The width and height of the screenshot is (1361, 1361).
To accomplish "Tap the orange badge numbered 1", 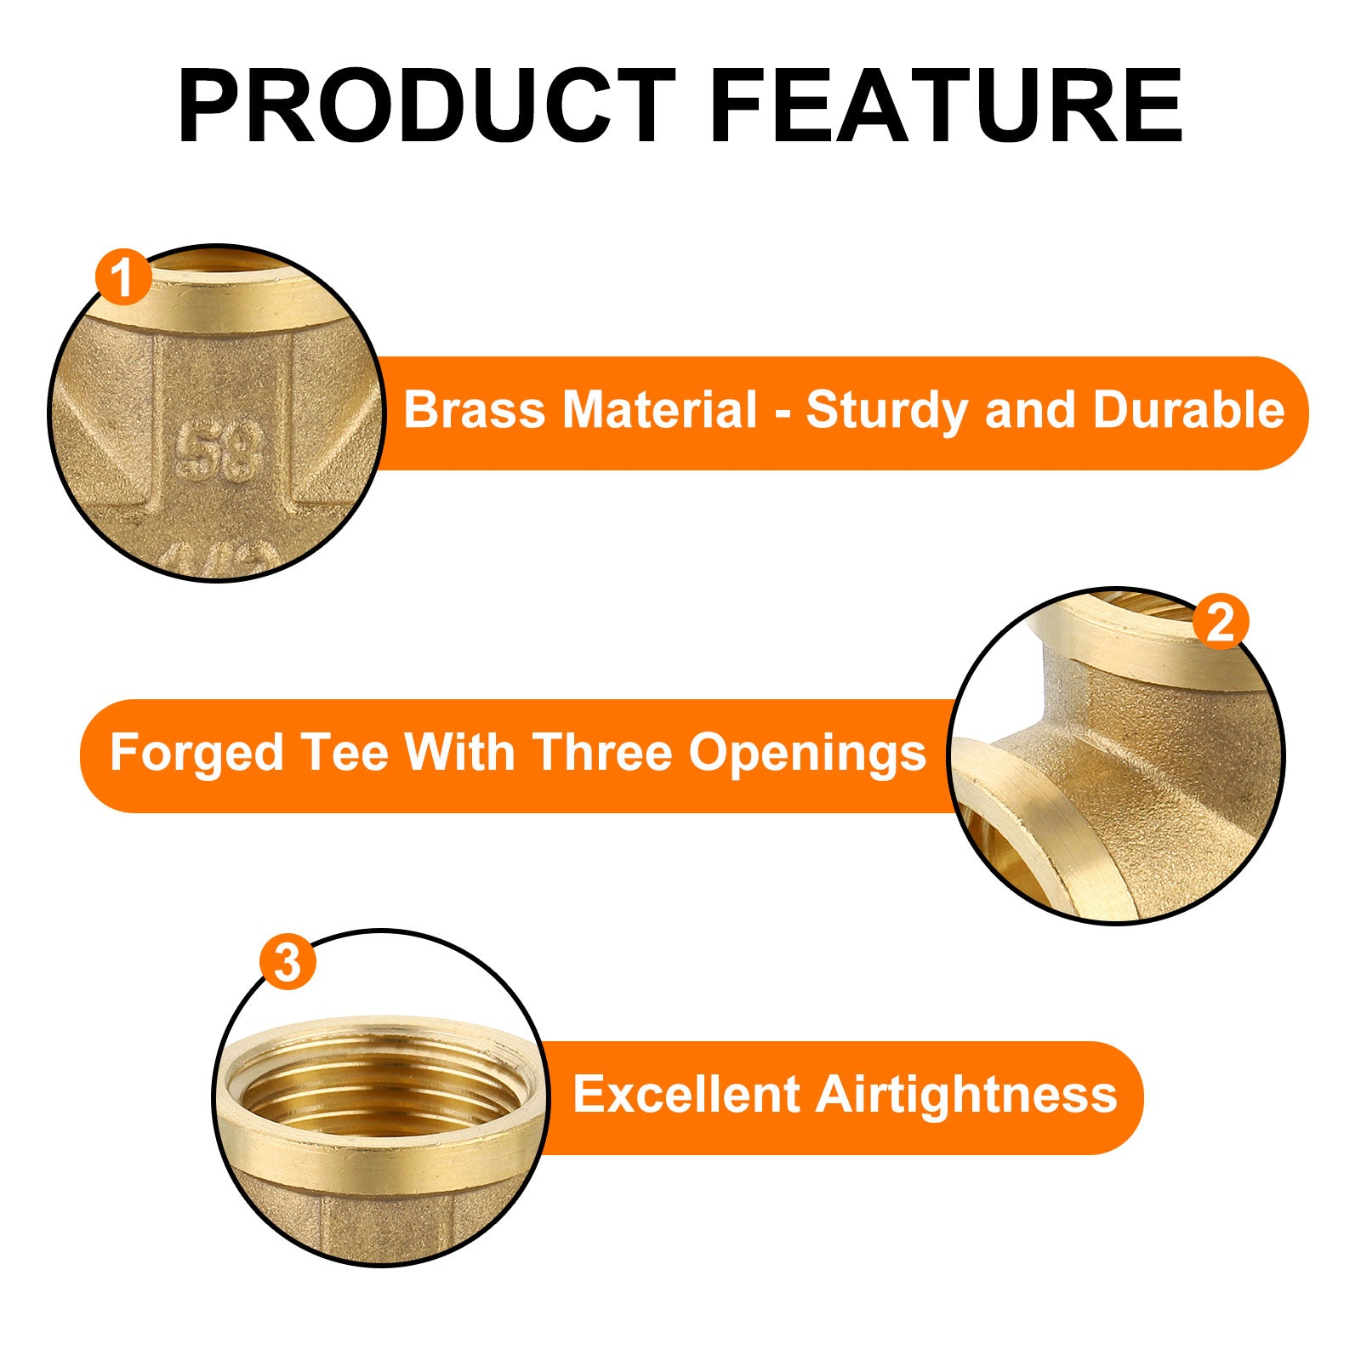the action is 124,277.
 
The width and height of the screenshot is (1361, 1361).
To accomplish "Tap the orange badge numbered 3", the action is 288,962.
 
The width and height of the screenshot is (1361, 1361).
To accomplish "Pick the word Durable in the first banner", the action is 1188,410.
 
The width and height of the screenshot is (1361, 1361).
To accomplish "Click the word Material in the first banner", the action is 659,410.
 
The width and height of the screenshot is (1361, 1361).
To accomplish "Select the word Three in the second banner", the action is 601,753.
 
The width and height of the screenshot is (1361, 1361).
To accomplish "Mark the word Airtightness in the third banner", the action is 966,1096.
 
